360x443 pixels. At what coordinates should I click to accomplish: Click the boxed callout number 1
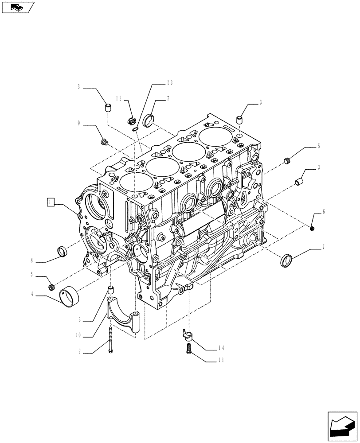click(51, 202)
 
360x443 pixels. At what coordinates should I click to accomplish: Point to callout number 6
click(323, 212)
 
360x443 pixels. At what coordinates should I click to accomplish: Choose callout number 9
click(79, 124)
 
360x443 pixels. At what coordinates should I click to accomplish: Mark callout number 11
click(221, 360)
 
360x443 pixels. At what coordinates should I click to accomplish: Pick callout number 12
click(119, 98)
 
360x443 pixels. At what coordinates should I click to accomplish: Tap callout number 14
click(221, 348)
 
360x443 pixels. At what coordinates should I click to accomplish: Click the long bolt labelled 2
click(110, 339)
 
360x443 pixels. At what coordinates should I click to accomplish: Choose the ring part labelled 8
click(63, 251)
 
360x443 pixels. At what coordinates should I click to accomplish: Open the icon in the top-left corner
click(17, 7)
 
